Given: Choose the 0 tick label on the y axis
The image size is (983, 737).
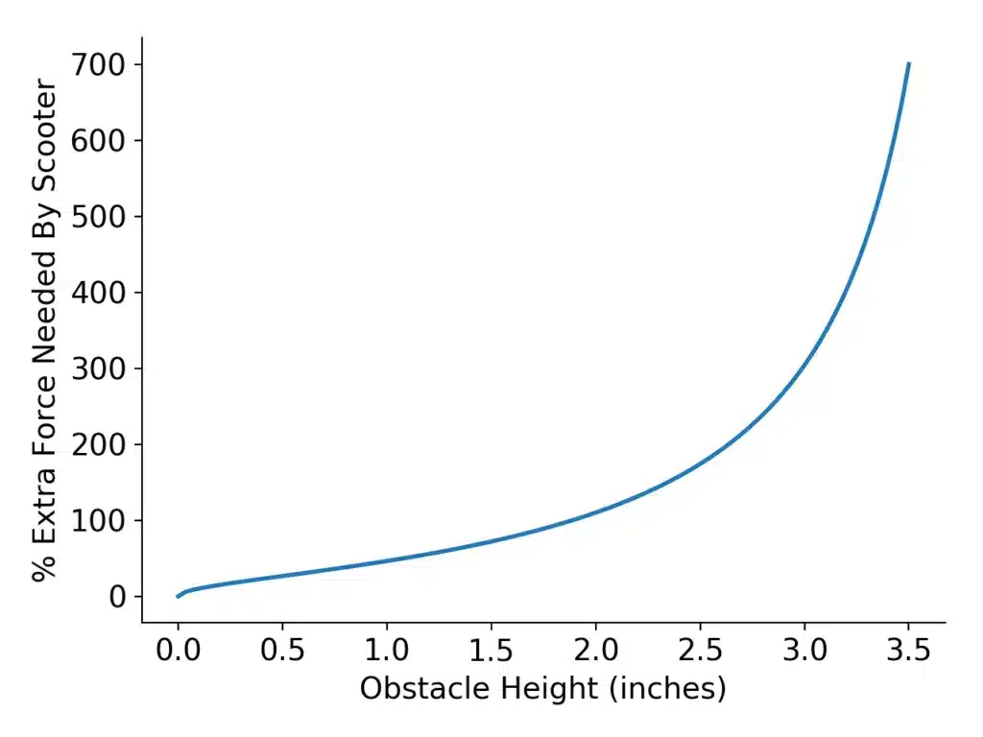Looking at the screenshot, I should point(118,597).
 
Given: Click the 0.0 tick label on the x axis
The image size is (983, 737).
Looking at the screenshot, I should point(178,653).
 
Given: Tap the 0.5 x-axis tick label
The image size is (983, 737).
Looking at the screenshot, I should point(282,653).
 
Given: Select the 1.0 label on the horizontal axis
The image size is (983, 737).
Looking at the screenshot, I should point(387,653).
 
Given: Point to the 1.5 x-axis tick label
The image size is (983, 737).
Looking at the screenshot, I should point(491,653).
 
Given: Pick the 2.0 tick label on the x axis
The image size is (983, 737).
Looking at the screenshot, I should point(596,653).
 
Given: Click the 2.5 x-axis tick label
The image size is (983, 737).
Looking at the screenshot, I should point(700,653).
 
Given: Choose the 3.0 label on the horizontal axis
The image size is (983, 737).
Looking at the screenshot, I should point(804,653).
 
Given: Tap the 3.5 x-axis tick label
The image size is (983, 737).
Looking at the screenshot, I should point(909,653).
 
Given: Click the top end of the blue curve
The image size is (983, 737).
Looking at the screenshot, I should point(908,64).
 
